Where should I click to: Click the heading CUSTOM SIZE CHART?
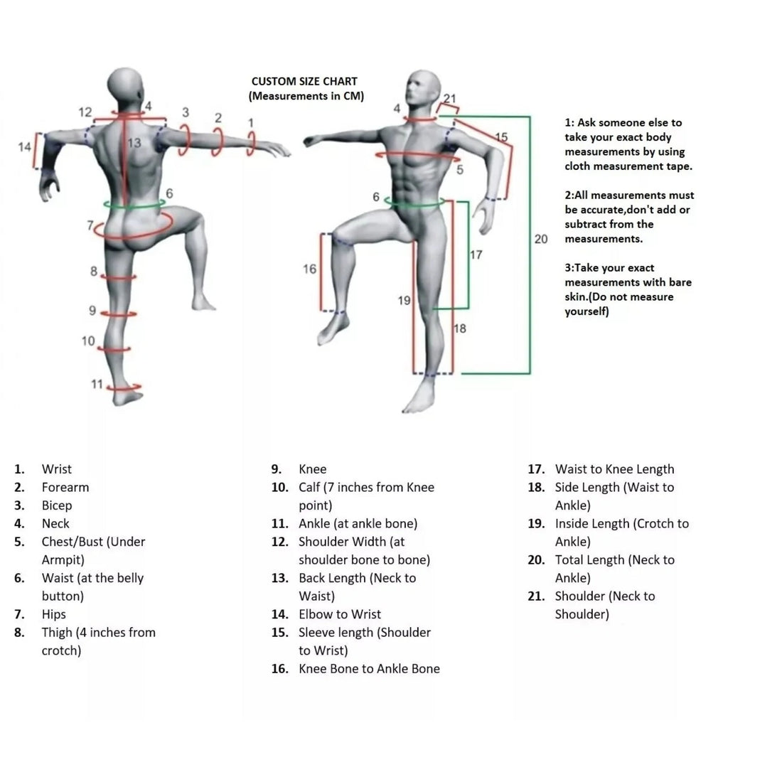tap(304, 82)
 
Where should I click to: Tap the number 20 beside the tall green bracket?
tap(541, 239)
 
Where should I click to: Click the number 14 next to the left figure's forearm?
tap(24, 147)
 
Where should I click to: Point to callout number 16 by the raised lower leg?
tap(309, 269)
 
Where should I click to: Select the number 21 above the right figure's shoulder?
tap(450, 99)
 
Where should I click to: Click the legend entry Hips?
tap(53, 614)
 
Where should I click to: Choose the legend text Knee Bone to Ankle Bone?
tap(369, 668)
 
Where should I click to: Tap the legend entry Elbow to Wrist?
tap(340, 614)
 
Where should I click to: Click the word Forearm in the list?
tap(65, 487)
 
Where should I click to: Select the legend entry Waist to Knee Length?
tap(614, 469)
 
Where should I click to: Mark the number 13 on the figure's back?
tap(134, 143)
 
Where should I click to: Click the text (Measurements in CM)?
tap(306, 97)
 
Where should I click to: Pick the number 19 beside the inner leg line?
tap(404, 301)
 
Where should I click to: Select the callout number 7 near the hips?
tap(91, 225)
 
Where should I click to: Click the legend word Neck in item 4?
tap(55, 523)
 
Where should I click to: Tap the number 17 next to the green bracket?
tap(476, 255)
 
